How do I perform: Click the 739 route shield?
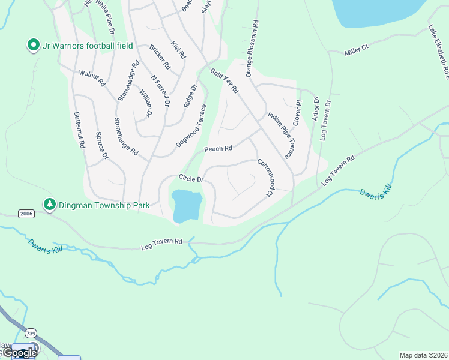click(x=32, y=332)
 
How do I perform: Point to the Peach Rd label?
click(x=218, y=149)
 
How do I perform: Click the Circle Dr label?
click(x=192, y=179)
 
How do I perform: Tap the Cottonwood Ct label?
click(x=265, y=178)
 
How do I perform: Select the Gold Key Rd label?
click(x=224, y=80)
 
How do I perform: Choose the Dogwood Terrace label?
click(x=191, y=126)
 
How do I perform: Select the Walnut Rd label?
click(x=92, y=77)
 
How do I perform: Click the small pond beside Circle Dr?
click(x=186, y=205)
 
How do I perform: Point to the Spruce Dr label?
click(x=101, y=146)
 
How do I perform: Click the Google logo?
click(x=19, y=353)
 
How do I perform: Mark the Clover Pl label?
click(x=297, y=112)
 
